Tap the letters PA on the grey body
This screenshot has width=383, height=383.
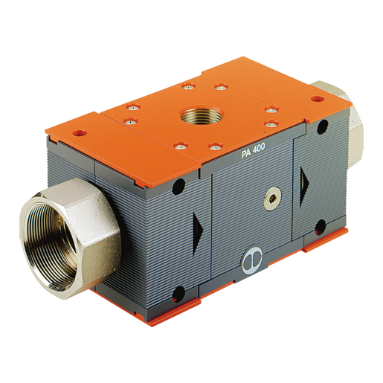tap(245, 154)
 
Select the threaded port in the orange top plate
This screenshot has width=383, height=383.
tap(202, 115)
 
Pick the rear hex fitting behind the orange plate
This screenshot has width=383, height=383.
tap(344, 125)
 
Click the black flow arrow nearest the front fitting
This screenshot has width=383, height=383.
tap(198, 233)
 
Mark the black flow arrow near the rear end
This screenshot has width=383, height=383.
tap(305, 187)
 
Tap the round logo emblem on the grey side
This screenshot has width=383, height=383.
tap(252, 260)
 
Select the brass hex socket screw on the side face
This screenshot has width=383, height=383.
tap(272, 199)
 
